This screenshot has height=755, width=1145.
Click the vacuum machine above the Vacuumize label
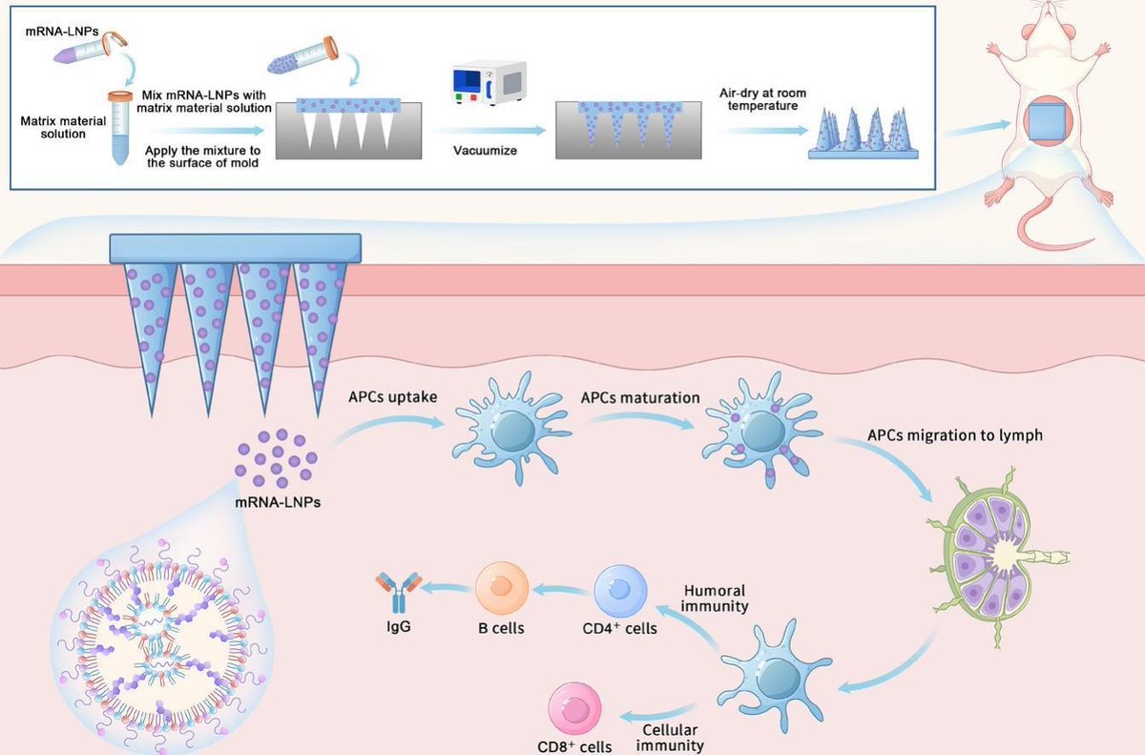click(489, 84)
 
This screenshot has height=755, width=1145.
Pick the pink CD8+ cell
click(575, 712)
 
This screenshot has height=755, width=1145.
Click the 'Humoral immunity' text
click(716, 599)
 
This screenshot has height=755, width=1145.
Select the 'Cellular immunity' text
click(672, 738)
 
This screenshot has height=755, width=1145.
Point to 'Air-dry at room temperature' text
click(760, 98)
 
